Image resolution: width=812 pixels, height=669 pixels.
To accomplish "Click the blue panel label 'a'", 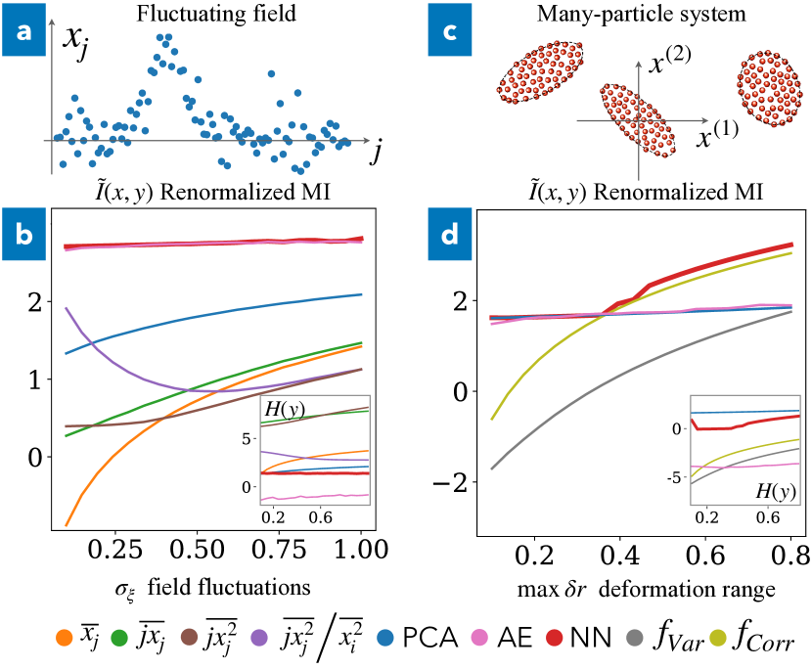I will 22,35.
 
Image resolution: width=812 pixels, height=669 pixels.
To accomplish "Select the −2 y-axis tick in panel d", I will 456,482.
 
